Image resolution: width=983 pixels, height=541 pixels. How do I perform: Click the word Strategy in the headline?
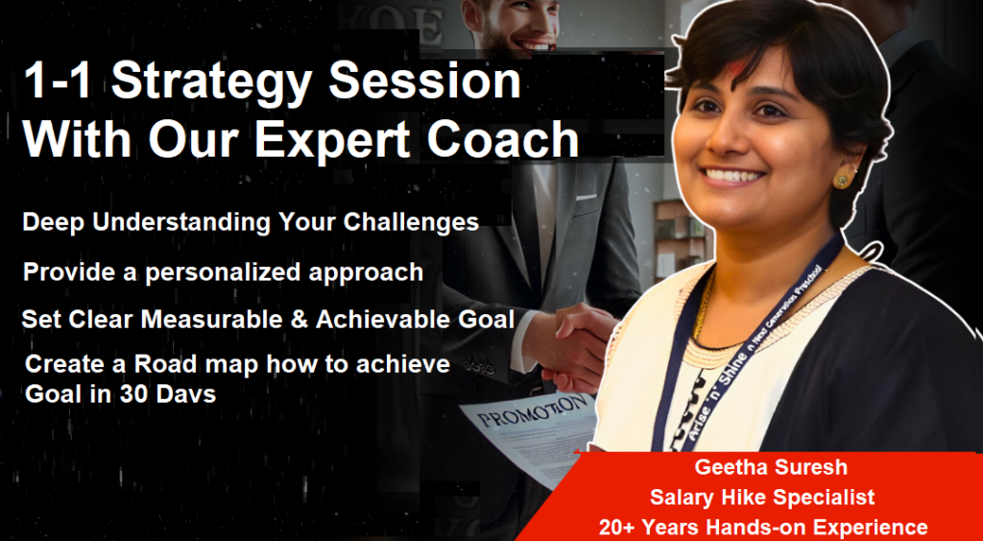213,83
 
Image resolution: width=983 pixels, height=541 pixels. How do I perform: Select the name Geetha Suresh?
771,468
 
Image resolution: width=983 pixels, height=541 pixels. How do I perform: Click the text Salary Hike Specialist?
762,498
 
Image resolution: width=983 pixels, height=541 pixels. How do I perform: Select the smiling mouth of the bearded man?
534,45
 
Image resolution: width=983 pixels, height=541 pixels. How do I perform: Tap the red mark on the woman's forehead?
735,69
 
